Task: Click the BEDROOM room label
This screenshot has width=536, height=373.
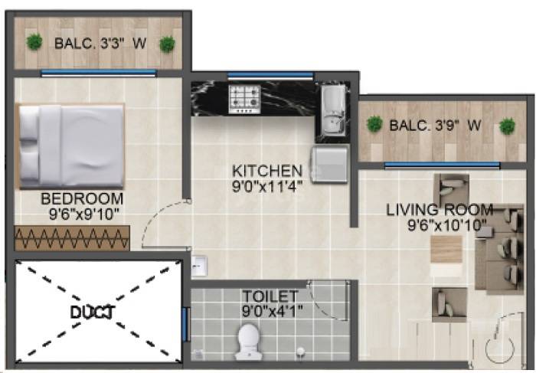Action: click(x=82, y=198)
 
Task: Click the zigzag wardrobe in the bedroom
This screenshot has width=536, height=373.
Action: click(x=72, y=237)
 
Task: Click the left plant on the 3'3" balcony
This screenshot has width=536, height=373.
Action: click(x=34, y=42)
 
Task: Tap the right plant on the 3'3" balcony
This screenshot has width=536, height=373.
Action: click(x=167, y=44)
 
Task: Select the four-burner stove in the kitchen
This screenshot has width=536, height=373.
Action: click(x=245, y=99)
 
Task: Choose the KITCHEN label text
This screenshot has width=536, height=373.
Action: click(x=267, y=170)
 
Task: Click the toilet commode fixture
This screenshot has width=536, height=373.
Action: click(x=250, y=342)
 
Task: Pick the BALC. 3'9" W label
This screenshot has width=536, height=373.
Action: click(x=434, y=126)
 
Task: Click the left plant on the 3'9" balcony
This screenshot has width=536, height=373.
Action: click(x=374, y=123)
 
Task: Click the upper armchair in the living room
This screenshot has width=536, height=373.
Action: click(x=451, y=191)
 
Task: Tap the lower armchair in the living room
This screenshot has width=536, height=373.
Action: click(x=449, y=304)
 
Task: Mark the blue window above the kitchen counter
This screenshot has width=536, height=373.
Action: click(x=270, y=75)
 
